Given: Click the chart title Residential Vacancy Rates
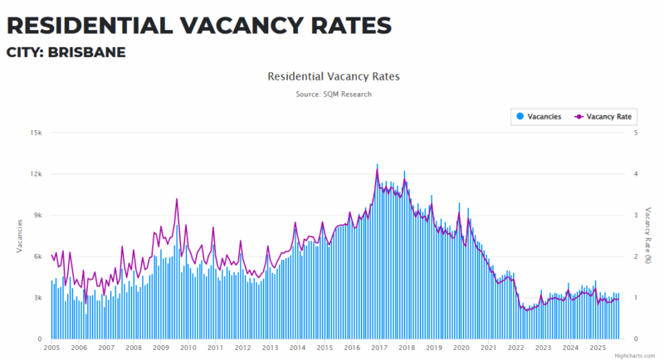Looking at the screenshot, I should tap(334, 76).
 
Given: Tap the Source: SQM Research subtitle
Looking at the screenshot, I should tap(334, 95).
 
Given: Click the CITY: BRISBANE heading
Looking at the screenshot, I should tap(66, 52).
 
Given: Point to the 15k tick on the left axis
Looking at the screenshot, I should tap(37, 133).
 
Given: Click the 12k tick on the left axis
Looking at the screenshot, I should tap(37, 174).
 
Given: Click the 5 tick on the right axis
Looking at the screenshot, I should tap(635, 133).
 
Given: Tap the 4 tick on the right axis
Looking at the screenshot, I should tap(635, 174).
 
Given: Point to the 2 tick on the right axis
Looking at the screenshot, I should tap(635, 256).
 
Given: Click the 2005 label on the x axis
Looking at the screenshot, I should tap(51, 348).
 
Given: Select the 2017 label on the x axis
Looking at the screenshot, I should tap(378, 348).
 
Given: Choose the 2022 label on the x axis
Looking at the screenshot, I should tap(515, 348).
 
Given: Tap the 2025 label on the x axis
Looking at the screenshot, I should tap(597, 348).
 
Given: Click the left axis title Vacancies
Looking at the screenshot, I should tap(19, 236).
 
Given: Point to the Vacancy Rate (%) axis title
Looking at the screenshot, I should tap(648, 236).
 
